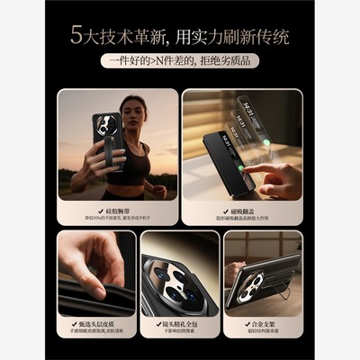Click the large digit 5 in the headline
click(76, 36)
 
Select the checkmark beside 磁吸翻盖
click(221, 209)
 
